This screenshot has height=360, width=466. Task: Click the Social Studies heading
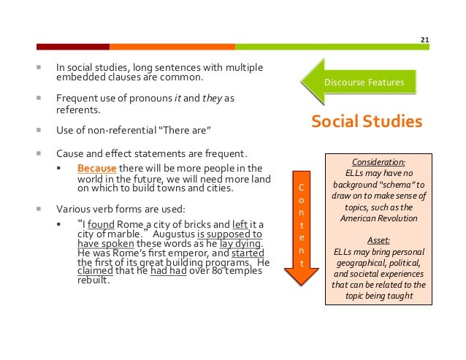point(367,121)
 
